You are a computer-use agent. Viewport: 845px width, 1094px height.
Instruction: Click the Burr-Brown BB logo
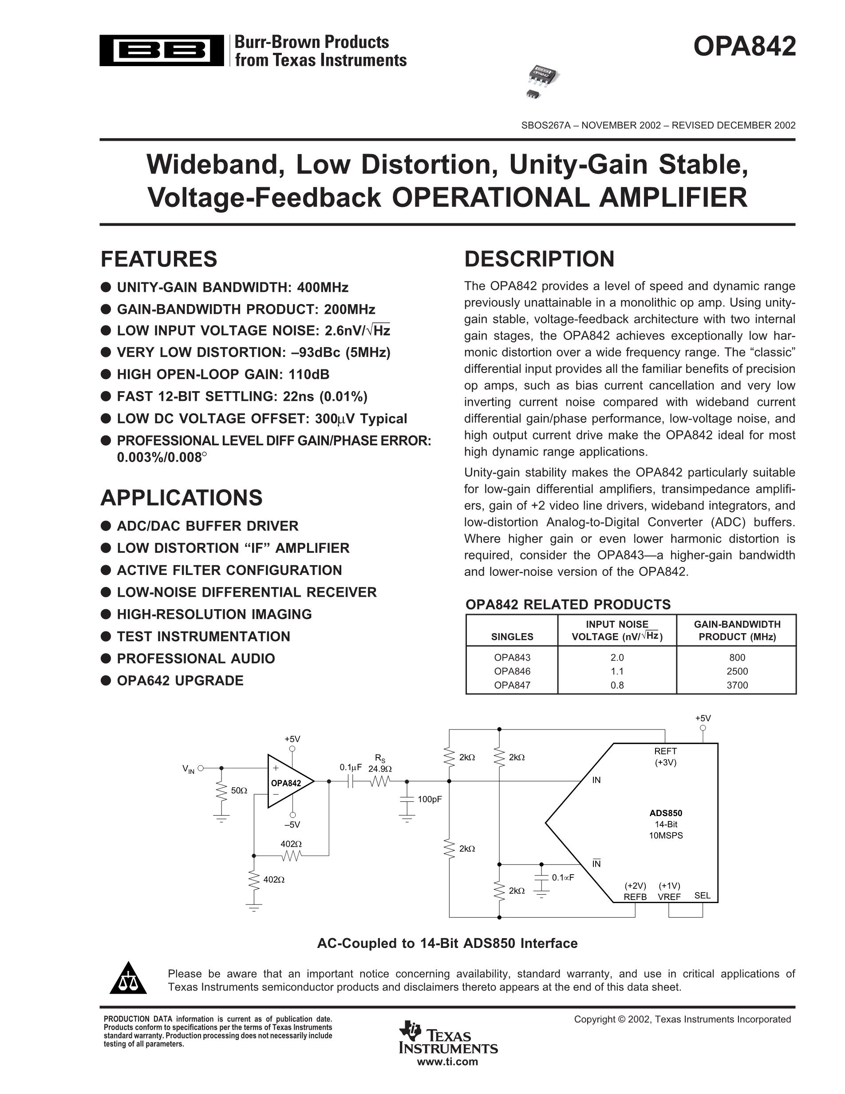coord(162,51)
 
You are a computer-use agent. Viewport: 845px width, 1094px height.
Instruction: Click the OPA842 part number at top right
coord(744,47)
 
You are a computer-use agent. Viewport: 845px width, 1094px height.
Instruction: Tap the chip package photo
coord(543,81)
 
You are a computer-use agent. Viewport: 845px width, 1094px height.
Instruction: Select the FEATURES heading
coord(159,259)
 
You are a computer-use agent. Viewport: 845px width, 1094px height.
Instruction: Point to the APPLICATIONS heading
coord(181,498)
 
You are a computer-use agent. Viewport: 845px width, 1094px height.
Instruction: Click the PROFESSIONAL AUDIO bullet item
coord(196,659)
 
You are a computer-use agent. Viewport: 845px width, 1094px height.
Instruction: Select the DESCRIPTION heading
coord(539,259)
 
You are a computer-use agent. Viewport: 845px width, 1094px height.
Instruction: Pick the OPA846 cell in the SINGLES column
coord(512,671)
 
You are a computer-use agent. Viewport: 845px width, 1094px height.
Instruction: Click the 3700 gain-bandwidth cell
coord(737,685)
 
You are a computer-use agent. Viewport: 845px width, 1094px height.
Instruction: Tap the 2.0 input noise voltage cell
coord(617,658)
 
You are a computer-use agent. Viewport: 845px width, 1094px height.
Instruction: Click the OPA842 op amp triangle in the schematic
coord(288,781)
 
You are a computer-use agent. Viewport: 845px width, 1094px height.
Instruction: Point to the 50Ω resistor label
coord(239,791)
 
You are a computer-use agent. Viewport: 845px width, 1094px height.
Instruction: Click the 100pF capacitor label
coord(430,800)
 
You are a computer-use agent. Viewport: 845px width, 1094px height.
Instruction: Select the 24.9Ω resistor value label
coord(380,769)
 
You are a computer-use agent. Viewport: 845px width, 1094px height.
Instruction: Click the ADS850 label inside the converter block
coord(666,813)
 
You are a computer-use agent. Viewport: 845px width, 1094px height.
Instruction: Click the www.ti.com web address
coord(448,1062)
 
